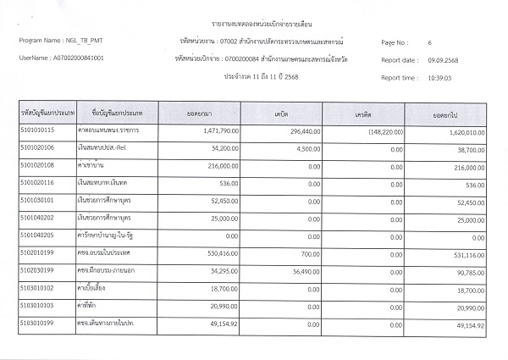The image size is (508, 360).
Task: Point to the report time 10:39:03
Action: pos(443,77)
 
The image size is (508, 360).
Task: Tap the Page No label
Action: pos(395,42)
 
